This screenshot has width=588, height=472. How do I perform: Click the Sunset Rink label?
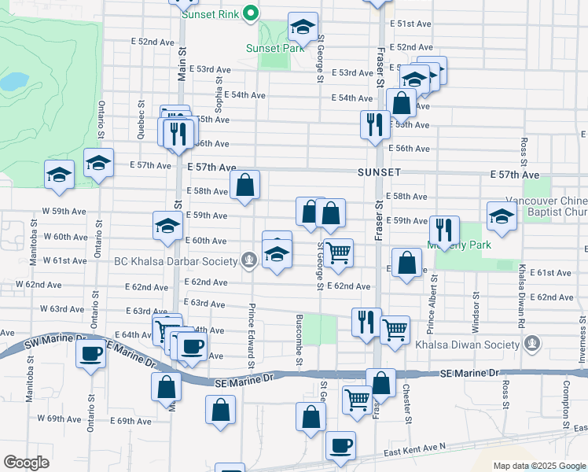pyautogui.click(x=211, y=14)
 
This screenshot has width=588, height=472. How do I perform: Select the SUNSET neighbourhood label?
pyautogui.click(x=379, y=171)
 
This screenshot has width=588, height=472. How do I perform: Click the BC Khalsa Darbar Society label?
pyautogui.click(x=175, y=261)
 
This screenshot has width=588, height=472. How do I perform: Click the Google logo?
pyautogui.click(x=26, y=463)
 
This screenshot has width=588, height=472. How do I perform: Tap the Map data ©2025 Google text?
pyautogui.click(x=538, y=466)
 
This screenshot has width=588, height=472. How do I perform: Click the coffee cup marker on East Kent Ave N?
pyautogui.click(x=340, y=447)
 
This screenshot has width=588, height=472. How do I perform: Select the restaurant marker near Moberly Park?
pyautogui.click(x=444, y=230)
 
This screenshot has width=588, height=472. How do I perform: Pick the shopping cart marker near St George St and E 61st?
pyautogui.click(x=338, y=253)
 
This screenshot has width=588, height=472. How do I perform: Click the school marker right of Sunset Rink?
pyautogui.click(x=303, y=28)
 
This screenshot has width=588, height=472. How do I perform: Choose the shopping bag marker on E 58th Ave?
pyautogui.click(x=245, y=186)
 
